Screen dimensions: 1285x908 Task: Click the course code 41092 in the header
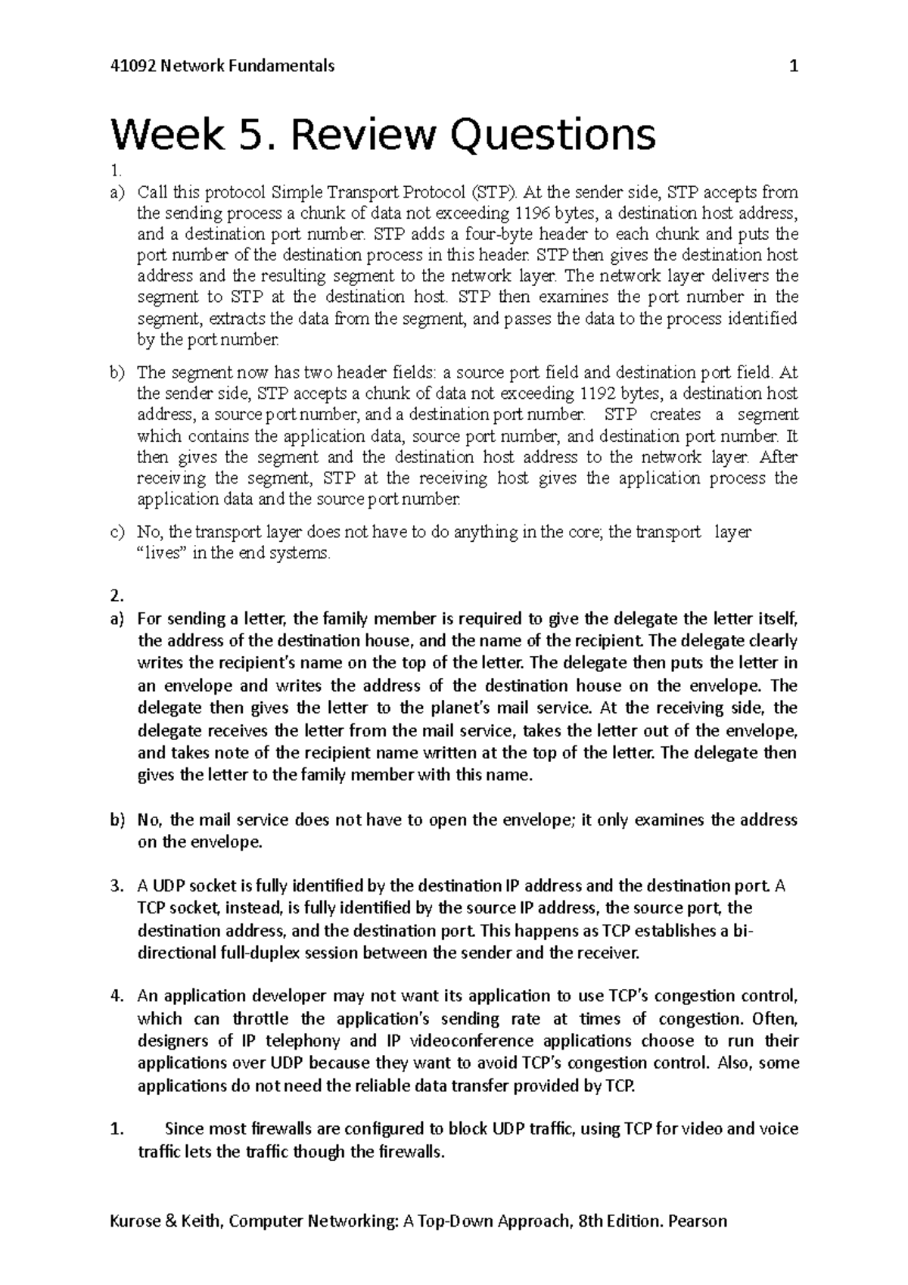[x=130, y=66]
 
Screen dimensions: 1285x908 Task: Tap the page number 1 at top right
[x=793, y=66]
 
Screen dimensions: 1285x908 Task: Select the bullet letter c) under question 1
[x=117, y=532]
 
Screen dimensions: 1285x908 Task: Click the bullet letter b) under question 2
[x=117, y=820]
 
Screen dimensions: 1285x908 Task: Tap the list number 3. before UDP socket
[x=117, y=885]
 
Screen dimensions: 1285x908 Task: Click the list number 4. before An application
[x=117, y=996]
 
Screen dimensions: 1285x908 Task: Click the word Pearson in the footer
[x=695, y=1221]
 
